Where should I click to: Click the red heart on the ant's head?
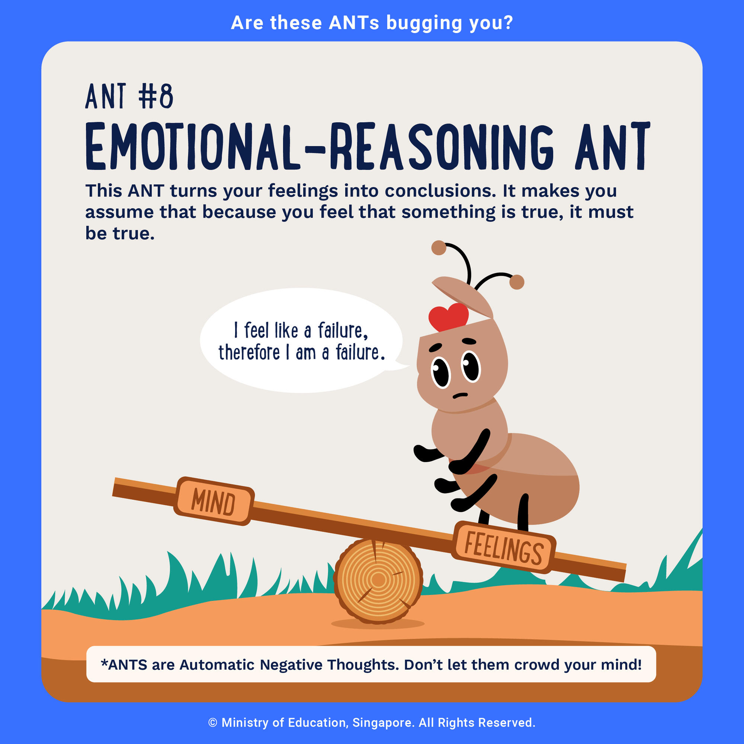pyautogui.click(x=449, y=316)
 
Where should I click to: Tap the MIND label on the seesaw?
pyautogui.click(x=214, y=501)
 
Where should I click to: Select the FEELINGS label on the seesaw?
pyautogui.click(x=504, y=547)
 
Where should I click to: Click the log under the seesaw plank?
pyautogui.click(x=378, y=581)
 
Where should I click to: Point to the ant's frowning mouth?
pyautogui.click(x=460, y=396)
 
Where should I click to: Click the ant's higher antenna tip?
pyautogui.click(x=439, y=248)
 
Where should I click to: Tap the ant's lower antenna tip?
pyautogui.click(x=517, y=282)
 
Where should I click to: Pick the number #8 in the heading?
pyautogui.click(x=156, y=96)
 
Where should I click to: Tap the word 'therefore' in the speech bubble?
pyautogui.click(x=249, y=352)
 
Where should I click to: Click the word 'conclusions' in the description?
pyautogui.click(x=440, y=191)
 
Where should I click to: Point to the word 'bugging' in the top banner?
pyautogui.click(x=424, y=23)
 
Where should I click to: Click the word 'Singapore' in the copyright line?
pyautogui.click(x=384, y=722)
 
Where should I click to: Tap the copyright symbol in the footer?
pyautogui.click(x=213, y=723)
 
